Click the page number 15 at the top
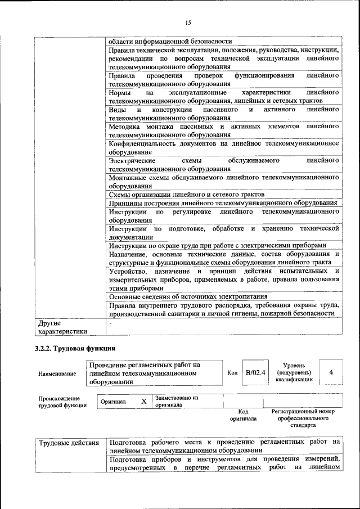tap(188, 22)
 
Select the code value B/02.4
tap(255, 372)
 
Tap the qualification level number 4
tap(331, 372)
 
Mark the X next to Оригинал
tap(143, 402)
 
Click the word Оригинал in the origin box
tap(113, 402)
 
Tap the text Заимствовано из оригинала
tap(177, 402)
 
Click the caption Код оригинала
tap(243, 415)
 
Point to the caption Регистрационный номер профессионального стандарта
tap(303, 418)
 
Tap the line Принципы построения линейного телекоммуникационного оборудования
tap(223, 202)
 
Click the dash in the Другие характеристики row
tap(111, 323)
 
